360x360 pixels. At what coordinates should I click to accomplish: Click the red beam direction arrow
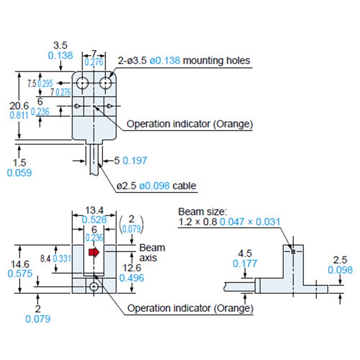pyautogui.click(x=94, y=252)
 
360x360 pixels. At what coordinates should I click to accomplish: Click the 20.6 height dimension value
pyautogui.click(x=19, y=105)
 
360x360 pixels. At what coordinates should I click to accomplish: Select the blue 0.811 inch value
pyautogui.click(x=19, y=115)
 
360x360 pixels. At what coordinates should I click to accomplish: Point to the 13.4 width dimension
pyautogui.click(x=94, y=210)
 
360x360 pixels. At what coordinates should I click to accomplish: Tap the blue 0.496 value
pyautogui.click(x=132, y=279)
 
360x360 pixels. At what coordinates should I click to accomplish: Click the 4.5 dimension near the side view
pyautogui.click(x=245, y=253)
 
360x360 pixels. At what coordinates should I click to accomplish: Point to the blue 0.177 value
pyautogui.click(x=245, y=263)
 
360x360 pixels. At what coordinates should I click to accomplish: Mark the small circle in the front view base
pyautogui.click(x=94, y=286)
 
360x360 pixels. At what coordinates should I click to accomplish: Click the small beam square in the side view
pyautogui.click(x=293, y=252)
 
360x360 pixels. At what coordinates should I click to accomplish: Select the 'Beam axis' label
pyautogui.click(x=152, y=252)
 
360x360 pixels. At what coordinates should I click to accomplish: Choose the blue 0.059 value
pyautogui.click(x=19, y=173)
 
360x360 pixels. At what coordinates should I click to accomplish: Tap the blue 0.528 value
pyautogui.click(x=94, y=219)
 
